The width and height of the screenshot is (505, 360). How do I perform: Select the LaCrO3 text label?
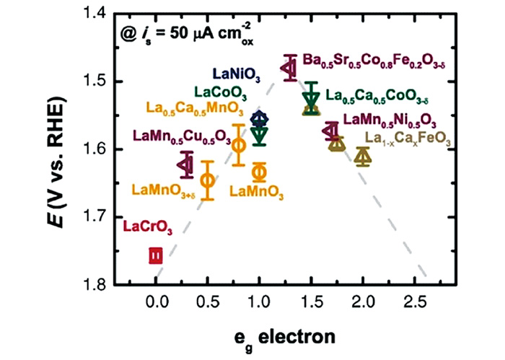tap(148, 229)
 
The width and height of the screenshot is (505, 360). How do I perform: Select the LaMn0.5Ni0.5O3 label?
tap(390, 120)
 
